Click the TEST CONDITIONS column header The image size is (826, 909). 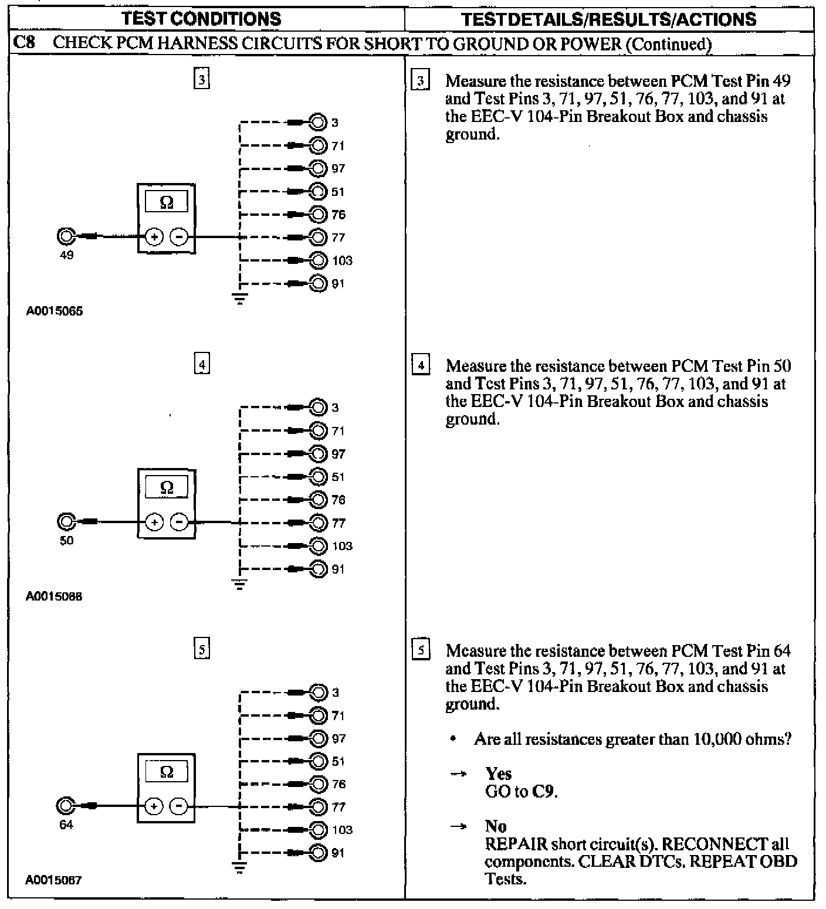coord(201,19)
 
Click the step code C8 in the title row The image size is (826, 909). coord(22,44)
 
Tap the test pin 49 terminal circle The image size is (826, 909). coord(66,236)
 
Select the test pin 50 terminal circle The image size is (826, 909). coord(66,521)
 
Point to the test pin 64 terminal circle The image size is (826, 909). coord(66,806)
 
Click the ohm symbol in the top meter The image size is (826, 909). coord(167,202)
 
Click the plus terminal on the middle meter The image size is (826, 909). coord(154,522)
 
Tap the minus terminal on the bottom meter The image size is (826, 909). coord(178,807)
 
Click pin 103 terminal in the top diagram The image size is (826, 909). coord(319,260)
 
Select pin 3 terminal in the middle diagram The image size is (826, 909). coord(319,408)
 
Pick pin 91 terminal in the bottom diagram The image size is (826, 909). coord(319,853)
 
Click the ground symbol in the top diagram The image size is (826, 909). coord(240,300)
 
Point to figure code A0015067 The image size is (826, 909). coord(54,880)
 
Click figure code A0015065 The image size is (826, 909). coord(55,311)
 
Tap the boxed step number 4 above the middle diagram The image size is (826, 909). coord(202,365)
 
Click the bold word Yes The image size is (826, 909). coord(499,774)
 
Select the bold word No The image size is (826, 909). coord(496,826)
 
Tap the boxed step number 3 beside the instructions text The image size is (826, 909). coord(421,80)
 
